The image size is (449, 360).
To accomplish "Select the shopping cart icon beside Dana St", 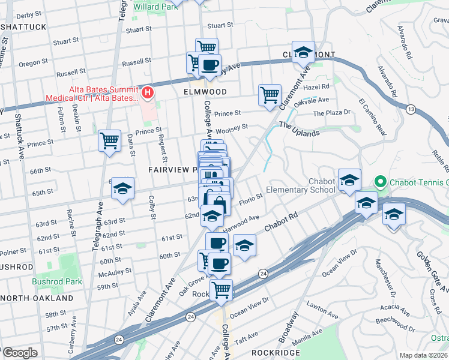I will [x=109, y=141].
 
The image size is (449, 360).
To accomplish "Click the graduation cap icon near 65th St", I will [x=122, y=189].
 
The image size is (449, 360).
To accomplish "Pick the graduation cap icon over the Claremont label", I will [x=304, y=52].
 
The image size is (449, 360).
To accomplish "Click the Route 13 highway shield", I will [x=411, y=109].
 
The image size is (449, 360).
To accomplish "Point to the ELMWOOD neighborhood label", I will [x=205, y=92].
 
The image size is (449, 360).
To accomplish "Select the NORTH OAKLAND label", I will [x=37, y=298].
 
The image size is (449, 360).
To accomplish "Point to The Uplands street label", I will [x=299, y=130].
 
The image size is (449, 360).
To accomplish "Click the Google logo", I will [x=20, y=352].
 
